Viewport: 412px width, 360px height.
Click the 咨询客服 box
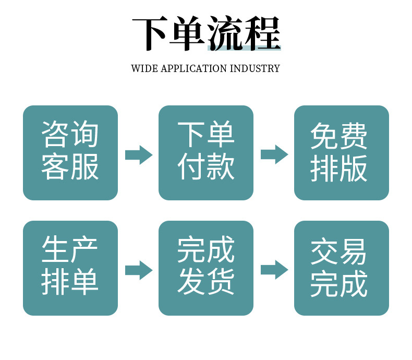pos(70,152)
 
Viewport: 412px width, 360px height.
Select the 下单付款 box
pos(206,152)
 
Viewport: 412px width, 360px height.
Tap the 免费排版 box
pos(342,152)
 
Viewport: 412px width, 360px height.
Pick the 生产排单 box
pos(70,268)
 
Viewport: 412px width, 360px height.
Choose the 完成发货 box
pos(206,268)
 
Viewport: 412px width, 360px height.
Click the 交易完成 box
pos(342,268)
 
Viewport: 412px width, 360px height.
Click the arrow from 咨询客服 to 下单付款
pos(138,154)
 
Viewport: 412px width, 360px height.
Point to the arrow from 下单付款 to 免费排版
pos(274,154)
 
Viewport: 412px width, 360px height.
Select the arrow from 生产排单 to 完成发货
pos(138,270)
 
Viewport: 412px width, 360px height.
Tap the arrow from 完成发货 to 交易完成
pos(274,270)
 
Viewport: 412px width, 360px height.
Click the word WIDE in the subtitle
pos(142,69)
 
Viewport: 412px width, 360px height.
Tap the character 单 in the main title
pos(187,34)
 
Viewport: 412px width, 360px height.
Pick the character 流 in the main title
pos(226,34)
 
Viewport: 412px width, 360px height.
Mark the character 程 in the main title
pos(263,34)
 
